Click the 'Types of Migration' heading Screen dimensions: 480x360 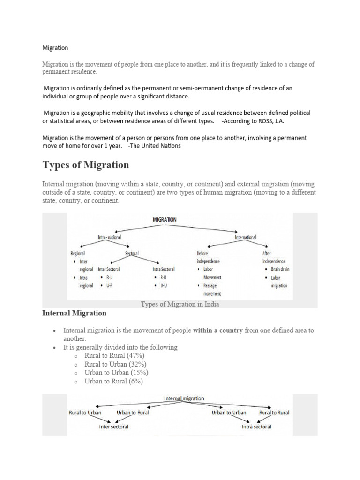point(86,165)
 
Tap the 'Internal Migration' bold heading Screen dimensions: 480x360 point(74,313)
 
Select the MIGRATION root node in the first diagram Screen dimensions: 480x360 point(165,219)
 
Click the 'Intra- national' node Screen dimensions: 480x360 point(109,237)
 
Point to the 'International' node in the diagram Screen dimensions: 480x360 point(245,237)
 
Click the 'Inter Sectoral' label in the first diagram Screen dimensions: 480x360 point(109,270)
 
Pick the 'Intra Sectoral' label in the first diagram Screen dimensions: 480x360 point(164,270)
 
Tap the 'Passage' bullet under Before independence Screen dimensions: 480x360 point(210,285)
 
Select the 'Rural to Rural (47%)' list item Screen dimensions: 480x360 point(114,356)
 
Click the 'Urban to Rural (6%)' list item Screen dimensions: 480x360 point(113,381)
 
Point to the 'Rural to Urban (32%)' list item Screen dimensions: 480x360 point(115,364)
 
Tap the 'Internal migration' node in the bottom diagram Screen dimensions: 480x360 point(184,398)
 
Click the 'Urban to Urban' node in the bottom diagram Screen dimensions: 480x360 point(229,412)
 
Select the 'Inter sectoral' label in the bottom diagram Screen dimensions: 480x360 point(113,427)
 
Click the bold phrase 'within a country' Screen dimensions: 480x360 point(217,330)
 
